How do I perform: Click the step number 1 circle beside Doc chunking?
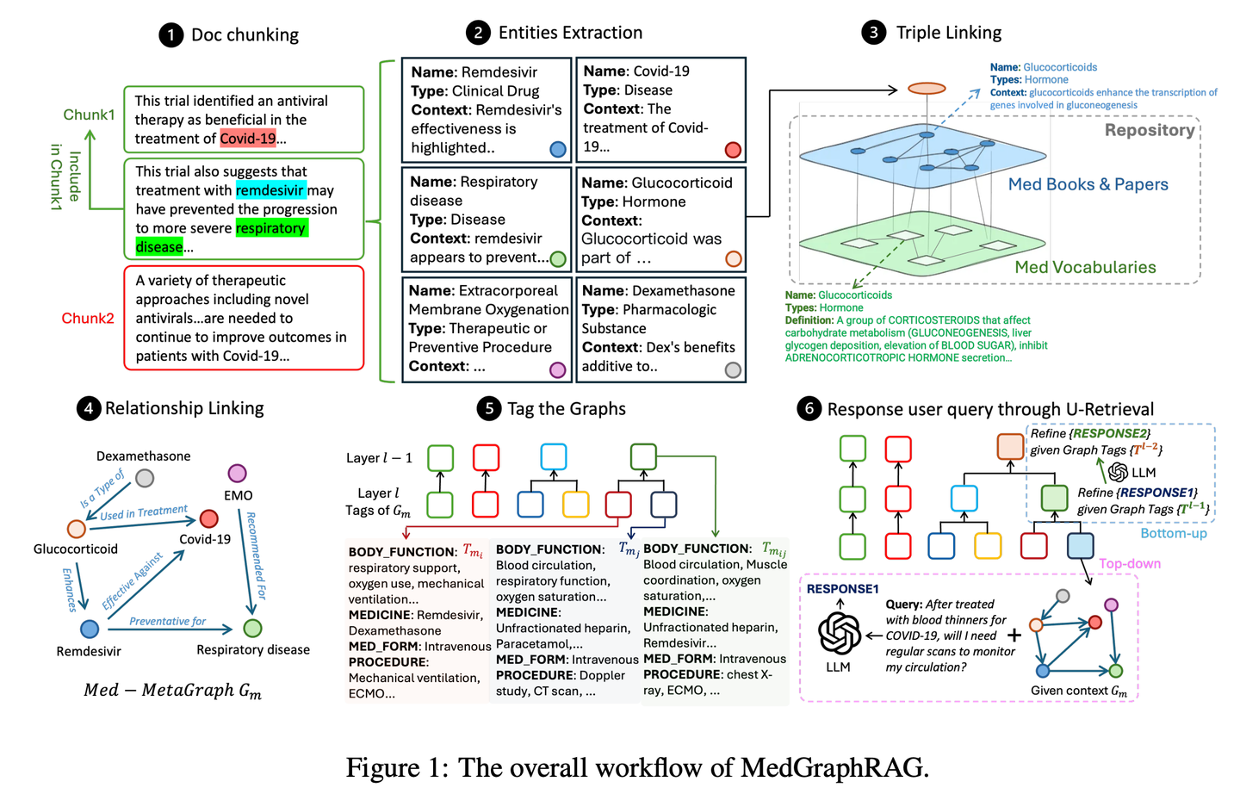[171, 35]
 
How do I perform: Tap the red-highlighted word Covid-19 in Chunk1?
[248, 139]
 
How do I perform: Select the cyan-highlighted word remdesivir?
[270, 190]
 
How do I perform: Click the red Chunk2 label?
[88, 319]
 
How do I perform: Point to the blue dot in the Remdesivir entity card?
[558, 149]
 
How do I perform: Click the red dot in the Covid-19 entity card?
[733, 150]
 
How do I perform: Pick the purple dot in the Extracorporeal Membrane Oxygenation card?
[557, 369]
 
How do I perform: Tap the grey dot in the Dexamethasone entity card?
[733, 369]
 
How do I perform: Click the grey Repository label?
[1150, 131]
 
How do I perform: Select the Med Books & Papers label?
[1088, 184]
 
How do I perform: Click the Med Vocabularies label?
[1085, 268]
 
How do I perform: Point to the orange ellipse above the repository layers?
[927, 88]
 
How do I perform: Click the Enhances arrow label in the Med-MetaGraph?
[69, 590]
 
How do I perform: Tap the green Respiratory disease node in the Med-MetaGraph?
[252, 629]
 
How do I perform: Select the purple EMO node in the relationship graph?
[238, 474]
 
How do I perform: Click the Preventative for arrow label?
[167, 621]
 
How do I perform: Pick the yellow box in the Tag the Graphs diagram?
[575, 505]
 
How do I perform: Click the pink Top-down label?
[1130, 563]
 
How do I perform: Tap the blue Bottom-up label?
[1174, 533]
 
